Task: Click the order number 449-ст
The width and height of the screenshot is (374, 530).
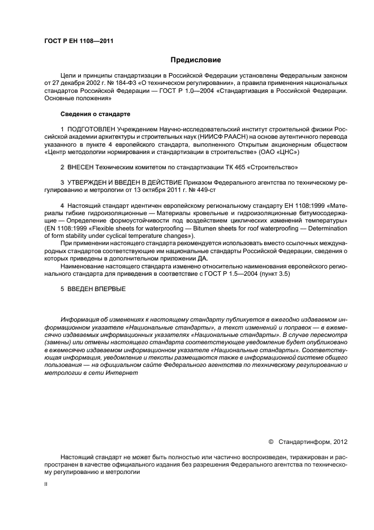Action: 203,191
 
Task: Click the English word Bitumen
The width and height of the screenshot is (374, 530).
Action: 204,229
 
